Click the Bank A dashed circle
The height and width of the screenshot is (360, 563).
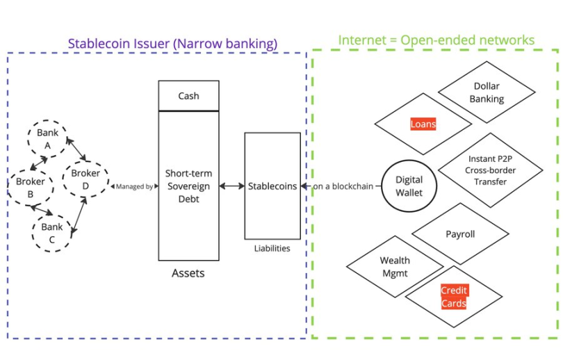[x=47, y=138]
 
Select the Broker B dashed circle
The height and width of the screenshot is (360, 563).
[x=30, y=187]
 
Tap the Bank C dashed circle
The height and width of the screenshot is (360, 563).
[x=52, y=232]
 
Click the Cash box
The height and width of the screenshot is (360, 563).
[x=188, y=96]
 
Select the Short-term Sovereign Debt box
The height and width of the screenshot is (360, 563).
[x=188, y=186]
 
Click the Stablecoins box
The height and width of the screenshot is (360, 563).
[x=272, y=186]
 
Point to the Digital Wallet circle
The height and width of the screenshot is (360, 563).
[x=409, y=186]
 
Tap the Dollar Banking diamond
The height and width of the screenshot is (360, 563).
[x=487, y=93]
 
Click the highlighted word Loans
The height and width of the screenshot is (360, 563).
[x=423, y=124]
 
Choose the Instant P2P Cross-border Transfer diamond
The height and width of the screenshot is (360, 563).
[x=487, y=170]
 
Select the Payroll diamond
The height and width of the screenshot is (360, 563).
[x=460, y=234]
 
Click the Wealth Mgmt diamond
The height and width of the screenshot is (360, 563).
[x=394, y=267]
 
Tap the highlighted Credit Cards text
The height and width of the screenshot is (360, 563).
[x=454, y=297]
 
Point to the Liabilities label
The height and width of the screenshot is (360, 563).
[x=272, y=248]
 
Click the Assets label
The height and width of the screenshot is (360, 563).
[x=188, y=273]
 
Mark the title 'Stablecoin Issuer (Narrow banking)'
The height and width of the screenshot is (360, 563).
[x=172, y=43]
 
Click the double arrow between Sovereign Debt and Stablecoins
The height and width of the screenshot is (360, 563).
[x=231, y=186]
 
